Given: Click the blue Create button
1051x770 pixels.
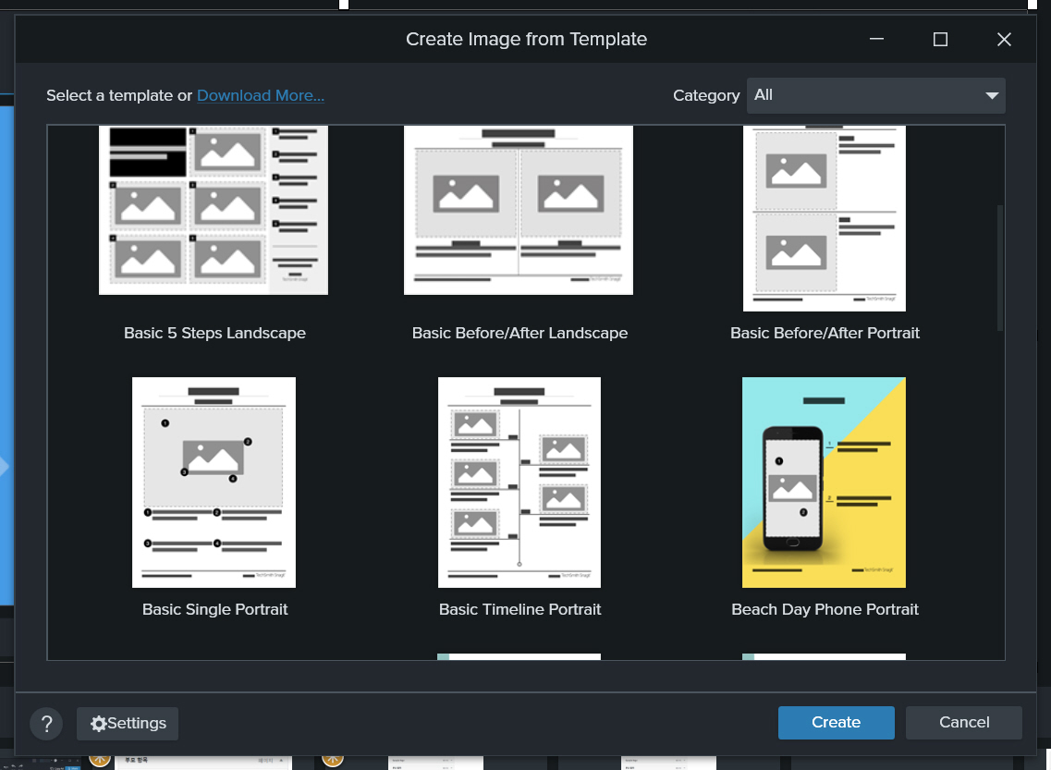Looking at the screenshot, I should tap(836, 723).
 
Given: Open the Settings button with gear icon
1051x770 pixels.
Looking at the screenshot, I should tap(128, 724).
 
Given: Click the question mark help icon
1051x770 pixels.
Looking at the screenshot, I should tap(46, 724).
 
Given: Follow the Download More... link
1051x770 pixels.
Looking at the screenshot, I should tap(260, 95).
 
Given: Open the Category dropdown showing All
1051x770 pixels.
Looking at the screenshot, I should tap(874, 95).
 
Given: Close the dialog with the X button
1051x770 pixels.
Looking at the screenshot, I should tap(1004, 39).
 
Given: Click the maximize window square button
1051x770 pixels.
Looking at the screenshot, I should tap(940, 39).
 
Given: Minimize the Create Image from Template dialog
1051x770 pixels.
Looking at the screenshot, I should tap(876, 39).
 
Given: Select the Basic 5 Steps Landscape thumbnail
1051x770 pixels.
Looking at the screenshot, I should tap(214, 211).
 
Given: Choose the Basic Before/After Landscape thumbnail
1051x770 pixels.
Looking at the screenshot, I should tap(519, 211).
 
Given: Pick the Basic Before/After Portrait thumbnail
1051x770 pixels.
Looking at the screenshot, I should tap(825, 219).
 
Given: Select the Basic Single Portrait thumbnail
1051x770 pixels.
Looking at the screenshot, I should tap(214, 482).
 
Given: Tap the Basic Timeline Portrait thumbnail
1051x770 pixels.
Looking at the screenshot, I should tap(519, 482).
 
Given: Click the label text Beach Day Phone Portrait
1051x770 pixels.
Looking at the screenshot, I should tap(825, 609).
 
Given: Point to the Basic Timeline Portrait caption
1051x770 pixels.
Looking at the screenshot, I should tap(519, 609).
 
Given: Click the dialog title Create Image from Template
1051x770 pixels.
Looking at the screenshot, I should tap(526, 39).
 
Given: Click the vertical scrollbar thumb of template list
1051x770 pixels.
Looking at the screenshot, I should tap(999, 268).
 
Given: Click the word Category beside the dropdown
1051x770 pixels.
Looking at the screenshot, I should tap(706, 95).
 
